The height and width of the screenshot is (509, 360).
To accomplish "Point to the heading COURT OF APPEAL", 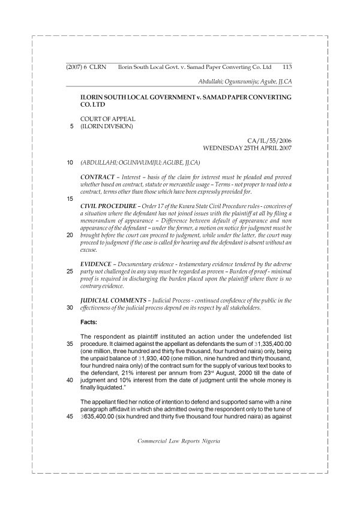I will [108, 119].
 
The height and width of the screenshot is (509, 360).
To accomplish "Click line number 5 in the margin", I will [71, 127].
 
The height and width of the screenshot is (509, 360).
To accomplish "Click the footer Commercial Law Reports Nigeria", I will [179, 441].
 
